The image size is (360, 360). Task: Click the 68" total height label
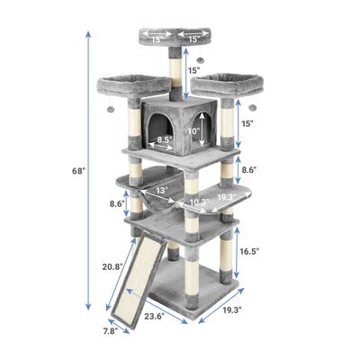tap(79, 171)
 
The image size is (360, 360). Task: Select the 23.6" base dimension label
tap(154, 316)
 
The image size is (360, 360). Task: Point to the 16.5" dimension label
tap(249, 251)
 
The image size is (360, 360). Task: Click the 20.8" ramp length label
tap(112, 266)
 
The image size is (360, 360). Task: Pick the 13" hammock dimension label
tap(162, 190)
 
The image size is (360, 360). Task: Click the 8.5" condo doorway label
tap(165, 139)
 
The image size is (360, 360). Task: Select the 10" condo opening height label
tap(193, 131)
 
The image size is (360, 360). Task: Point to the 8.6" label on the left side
tap(117, 203)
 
